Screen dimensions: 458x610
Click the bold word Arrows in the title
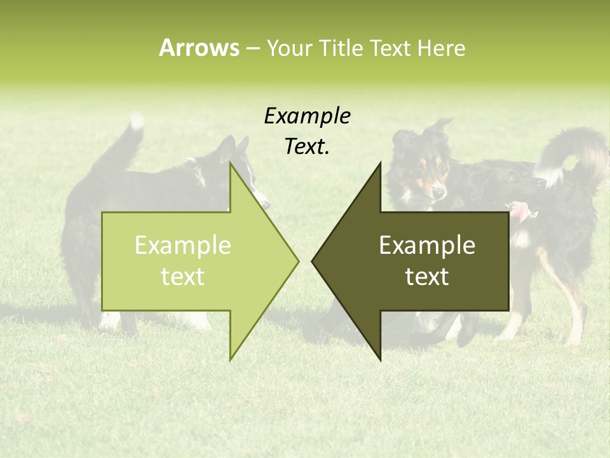coord(199,48)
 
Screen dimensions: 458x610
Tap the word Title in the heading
coord(341,48)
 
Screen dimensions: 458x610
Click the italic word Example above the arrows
coord(307,116)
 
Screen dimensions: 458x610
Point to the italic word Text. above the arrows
coord(307,147)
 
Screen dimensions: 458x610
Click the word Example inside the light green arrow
coord(183,246)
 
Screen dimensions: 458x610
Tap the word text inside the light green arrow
coord(183,277)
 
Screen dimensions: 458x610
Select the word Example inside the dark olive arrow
coord(427,246)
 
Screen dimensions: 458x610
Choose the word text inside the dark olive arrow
coord(427,277)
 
